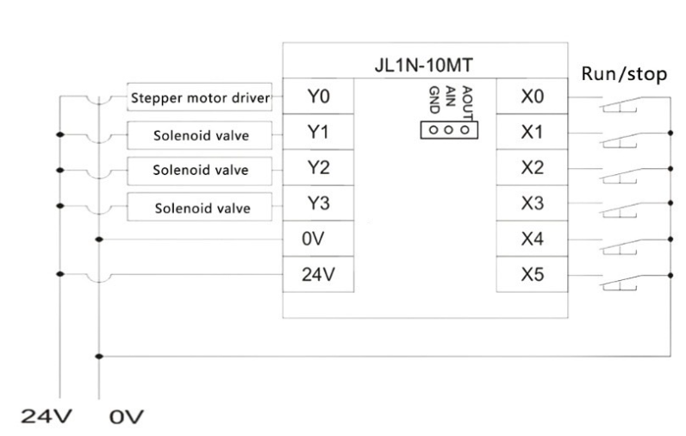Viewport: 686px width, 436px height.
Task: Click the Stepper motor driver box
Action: (199, 97)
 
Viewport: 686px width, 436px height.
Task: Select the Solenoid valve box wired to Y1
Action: (199, 135)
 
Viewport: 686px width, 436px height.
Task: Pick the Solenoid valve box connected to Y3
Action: (199, 207)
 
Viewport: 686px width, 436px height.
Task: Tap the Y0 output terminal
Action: (318, 97)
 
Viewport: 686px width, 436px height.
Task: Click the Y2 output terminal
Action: (318, 167)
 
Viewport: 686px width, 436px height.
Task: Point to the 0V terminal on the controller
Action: (318, 239)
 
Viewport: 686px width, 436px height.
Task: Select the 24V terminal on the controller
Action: (318, 274)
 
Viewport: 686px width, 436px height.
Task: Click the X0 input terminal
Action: (532, 97)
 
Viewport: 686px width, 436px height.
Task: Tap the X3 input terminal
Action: (532, 202)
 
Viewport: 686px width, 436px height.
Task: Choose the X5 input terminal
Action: (532, 274)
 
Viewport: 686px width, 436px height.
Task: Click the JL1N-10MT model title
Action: (423, 65)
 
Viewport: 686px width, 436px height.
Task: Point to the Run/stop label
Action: (624, 73)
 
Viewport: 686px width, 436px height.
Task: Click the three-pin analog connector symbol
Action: (449, 130)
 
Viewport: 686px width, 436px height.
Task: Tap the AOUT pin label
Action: (467, 103)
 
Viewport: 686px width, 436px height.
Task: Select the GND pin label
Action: (434, 100)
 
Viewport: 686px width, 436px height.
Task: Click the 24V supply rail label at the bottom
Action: (46, 416)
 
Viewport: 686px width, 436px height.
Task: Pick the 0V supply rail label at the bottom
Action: (126, 417)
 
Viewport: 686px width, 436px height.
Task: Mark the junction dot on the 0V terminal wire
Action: (99, 240)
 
